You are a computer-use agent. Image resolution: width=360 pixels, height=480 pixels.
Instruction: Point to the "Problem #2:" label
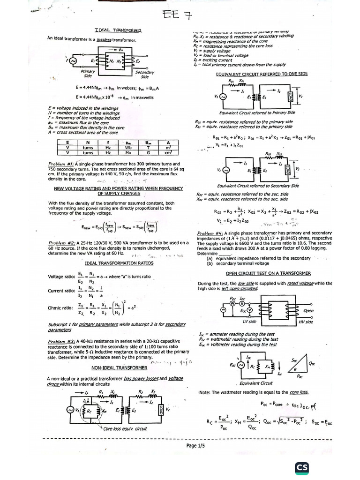pyautogui.click(x=61, y=243)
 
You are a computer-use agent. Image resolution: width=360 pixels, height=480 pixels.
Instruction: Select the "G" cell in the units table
pyautogui.click(x=148, y=153)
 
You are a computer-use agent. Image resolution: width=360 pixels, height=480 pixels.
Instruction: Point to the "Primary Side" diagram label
pyautogui.click(x=88, y=74)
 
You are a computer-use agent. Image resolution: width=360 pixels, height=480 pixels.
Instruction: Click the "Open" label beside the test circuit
pyautogui.click(x=308, y=311)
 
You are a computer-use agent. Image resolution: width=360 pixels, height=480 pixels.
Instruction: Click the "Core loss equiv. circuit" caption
pyautogui.click(x=125, y=428)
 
